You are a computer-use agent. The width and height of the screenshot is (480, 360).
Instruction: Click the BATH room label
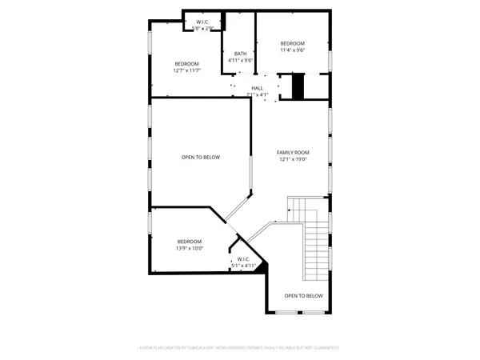pyautogui.click(x=241, y=54)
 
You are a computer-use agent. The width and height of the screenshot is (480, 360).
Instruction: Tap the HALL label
pyautogui.click(x=257, y=88)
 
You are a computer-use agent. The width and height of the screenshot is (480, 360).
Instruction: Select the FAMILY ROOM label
pyautogui.click(x=293, y=152)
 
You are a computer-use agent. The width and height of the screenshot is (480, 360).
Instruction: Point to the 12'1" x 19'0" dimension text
pyautogui.click(x=293, y=159)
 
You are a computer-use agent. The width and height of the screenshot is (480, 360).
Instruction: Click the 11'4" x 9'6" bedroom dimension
pyautogui.click(x=293, y=50)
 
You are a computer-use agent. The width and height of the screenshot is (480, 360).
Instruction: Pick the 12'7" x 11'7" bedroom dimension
pyautogui.click(x=187, y=70)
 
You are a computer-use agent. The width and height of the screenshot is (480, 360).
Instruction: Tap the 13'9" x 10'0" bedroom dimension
pyautogui.click(x=190, y=248)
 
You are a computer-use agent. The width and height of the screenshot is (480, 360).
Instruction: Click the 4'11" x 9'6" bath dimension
pyautogui.click(x=241, y=60)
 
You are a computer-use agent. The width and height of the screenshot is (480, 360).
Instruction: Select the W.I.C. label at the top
pyautogui.click(x=202, y=22)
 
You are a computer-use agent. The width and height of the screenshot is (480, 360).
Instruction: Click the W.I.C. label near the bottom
pyautogui.click(x=244, y=258)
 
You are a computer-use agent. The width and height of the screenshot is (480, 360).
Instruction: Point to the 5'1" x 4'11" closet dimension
pyautogui.click(x=244, y=265)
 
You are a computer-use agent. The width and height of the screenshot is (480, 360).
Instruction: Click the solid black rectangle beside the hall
pyautogui.click(x=298, y=87)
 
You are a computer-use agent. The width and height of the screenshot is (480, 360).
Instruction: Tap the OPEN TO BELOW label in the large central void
pyautogui.click(x=200, y=157)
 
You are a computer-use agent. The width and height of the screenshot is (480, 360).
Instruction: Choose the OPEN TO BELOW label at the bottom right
pyautogui.click(x=304, y=295)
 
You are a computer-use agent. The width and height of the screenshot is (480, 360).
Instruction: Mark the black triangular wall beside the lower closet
pyautogui.click(x=262, y=267)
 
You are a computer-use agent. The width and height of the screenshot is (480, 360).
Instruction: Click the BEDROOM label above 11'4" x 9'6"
pyautogui.click(x=293, y=42)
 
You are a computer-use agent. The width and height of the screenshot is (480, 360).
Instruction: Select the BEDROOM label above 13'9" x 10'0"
pyautogui.click(x=190, y=241)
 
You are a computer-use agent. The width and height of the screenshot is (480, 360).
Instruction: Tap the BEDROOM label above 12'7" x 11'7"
pyautogui.click(x=187, y=63)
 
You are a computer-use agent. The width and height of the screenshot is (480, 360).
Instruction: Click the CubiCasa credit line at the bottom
pyautogui.click(x=240, y=348)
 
